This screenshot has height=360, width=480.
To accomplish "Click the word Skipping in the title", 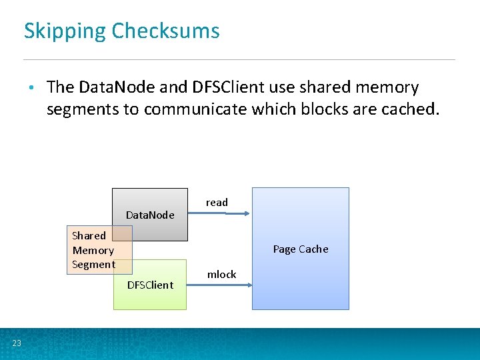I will click(x=65, y=31).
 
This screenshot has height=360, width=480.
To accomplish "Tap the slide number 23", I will click(x=17, y=343).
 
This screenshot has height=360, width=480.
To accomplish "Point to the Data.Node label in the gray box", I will click(x=150, y=215).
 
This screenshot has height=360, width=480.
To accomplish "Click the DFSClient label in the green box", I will click(x=150, y=285).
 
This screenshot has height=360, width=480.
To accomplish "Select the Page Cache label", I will click(x=301, y=249).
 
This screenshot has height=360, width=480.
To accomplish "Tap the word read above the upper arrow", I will click(x=217, y=202).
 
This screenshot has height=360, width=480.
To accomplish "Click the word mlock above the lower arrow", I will click(x=221, y=275).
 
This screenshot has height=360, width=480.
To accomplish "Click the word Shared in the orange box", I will click(x=89, y=235).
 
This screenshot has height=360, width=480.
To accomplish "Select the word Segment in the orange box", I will click(x=93, y=265).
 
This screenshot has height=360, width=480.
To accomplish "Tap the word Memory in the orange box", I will click(x=93, y=250).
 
